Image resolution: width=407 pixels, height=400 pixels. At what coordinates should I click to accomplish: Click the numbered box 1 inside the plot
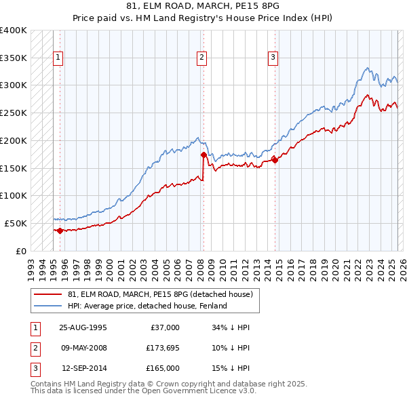tap(58, 58)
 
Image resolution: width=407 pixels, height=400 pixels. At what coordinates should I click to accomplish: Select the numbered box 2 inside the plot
tap(202, 58)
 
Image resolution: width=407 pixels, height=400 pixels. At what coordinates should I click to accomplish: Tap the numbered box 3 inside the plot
tap(273, 58)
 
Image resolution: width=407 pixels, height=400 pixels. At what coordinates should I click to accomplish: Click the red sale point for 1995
tap(60, 231)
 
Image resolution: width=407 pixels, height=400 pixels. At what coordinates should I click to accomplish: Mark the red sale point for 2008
tap(203, 155)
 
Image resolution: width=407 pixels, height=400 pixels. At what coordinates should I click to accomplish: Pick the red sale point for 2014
tap(275, 160)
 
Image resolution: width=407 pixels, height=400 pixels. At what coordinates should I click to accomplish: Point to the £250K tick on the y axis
tap(14, 113)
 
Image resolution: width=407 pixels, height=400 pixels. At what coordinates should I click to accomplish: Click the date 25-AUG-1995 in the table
tap(83, 327)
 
